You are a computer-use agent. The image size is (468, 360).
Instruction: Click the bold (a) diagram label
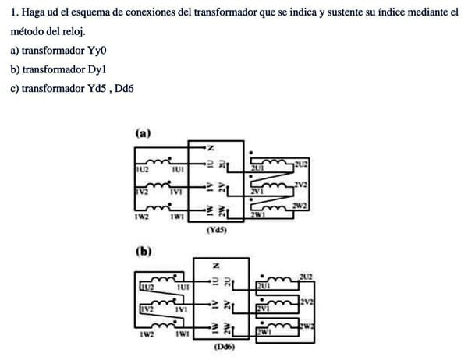coord(143,133)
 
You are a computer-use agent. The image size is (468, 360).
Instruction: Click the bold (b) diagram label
coord(144,252)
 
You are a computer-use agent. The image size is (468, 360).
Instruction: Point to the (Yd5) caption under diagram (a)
coord(217,231)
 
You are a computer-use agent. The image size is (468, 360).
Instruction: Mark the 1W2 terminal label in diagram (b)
coord(144,335)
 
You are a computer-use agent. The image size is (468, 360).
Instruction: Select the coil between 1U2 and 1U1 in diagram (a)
coord(160,162)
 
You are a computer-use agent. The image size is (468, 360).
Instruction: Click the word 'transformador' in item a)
coord(52,51)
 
